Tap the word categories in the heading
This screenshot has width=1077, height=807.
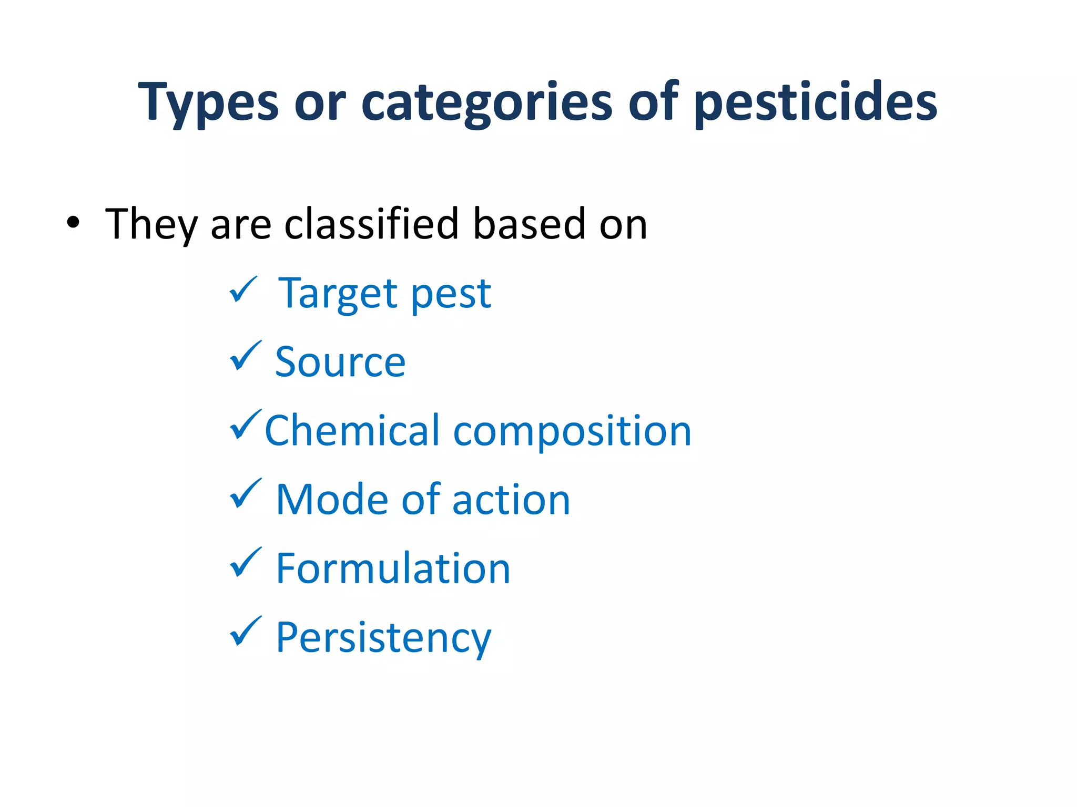486,102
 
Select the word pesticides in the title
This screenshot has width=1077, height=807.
816,102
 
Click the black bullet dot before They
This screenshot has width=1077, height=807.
73,223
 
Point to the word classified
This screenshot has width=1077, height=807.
372,224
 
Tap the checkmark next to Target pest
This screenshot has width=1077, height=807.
243,290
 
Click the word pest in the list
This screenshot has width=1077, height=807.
451,294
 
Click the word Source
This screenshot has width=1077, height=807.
340,362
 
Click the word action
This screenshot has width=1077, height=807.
511,500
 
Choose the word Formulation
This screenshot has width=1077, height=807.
393,568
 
